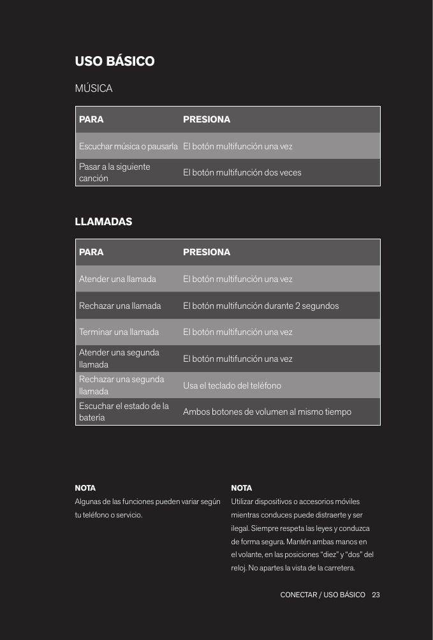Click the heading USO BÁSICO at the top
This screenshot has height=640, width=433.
[x=115, y=62]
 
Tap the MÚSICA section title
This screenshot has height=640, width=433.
[x=94, y=88]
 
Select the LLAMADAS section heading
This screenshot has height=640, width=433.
[x=104, y=222]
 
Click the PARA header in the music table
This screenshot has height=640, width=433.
[x=91, y=119]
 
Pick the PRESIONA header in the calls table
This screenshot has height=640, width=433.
[x=207, y=252]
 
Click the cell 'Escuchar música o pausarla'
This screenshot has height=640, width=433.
[x=128, y=146]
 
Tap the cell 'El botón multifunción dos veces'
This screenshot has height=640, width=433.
[x=242, y=173]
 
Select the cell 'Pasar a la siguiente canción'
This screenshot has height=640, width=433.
[x=115, y=172]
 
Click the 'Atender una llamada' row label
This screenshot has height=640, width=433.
[x=117, y=279]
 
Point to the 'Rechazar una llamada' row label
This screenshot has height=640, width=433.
[x=120, y=306]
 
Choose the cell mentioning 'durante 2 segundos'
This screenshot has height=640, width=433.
[x=261, y=306]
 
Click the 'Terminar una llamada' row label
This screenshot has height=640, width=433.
[x=119, y=332]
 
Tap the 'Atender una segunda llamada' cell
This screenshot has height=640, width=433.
[x=119, y=359]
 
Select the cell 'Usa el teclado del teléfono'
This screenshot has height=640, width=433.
[x=232, y=385]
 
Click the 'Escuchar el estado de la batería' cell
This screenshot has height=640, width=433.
[x=124, y=412]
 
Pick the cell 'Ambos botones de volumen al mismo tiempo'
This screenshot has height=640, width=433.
[x=267, y=412]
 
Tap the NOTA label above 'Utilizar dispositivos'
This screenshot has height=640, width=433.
[x=241, y=488]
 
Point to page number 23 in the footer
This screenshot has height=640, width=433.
[x=376, y=595]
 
